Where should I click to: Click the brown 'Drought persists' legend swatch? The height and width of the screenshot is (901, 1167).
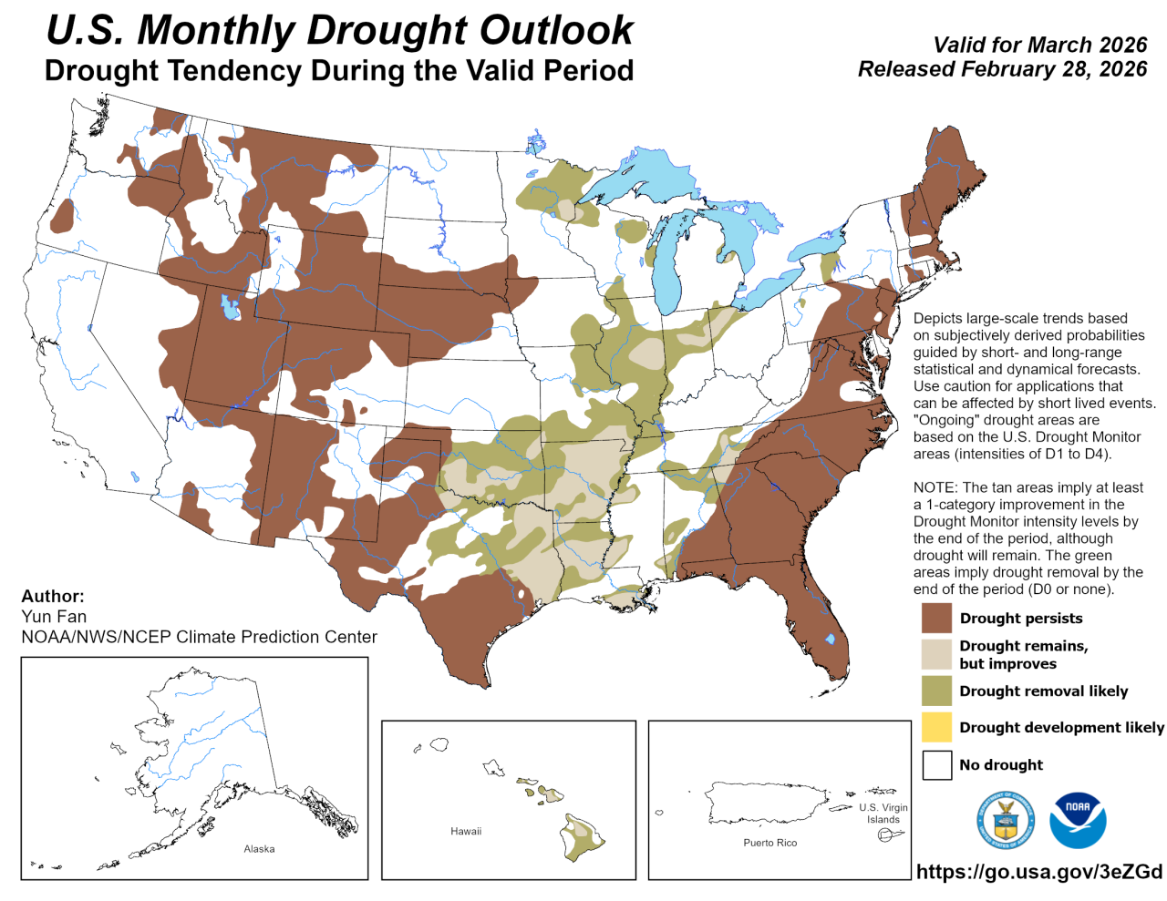[936, 618]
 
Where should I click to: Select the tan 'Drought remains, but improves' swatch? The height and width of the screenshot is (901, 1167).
[936, 654]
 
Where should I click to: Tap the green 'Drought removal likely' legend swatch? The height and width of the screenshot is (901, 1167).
[936, 691]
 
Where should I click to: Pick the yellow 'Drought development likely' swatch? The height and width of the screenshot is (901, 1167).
[936, 727]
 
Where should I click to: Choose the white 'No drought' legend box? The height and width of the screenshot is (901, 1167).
[936, 764]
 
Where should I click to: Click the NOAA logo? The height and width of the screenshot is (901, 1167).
[1078, 820]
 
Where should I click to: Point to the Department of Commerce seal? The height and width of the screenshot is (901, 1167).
[1006, 820]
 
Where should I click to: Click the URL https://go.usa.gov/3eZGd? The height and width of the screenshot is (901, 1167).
[1039, 872]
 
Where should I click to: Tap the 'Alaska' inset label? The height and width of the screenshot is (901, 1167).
[259, 849]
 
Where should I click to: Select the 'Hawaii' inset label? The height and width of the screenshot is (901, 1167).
[466, 832]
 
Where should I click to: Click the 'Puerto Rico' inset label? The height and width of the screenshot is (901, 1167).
[769, 843]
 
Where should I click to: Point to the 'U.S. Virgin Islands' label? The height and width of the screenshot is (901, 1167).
[883, 814]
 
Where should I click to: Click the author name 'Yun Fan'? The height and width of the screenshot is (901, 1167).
[54, 617]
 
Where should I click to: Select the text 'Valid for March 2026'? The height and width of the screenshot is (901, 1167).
[1039, 45]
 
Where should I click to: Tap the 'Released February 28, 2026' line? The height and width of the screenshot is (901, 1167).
[1002, 69]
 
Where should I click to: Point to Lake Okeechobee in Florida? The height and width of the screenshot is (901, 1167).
[830, 640]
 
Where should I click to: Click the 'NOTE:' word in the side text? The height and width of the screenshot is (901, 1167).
[935, 487]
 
